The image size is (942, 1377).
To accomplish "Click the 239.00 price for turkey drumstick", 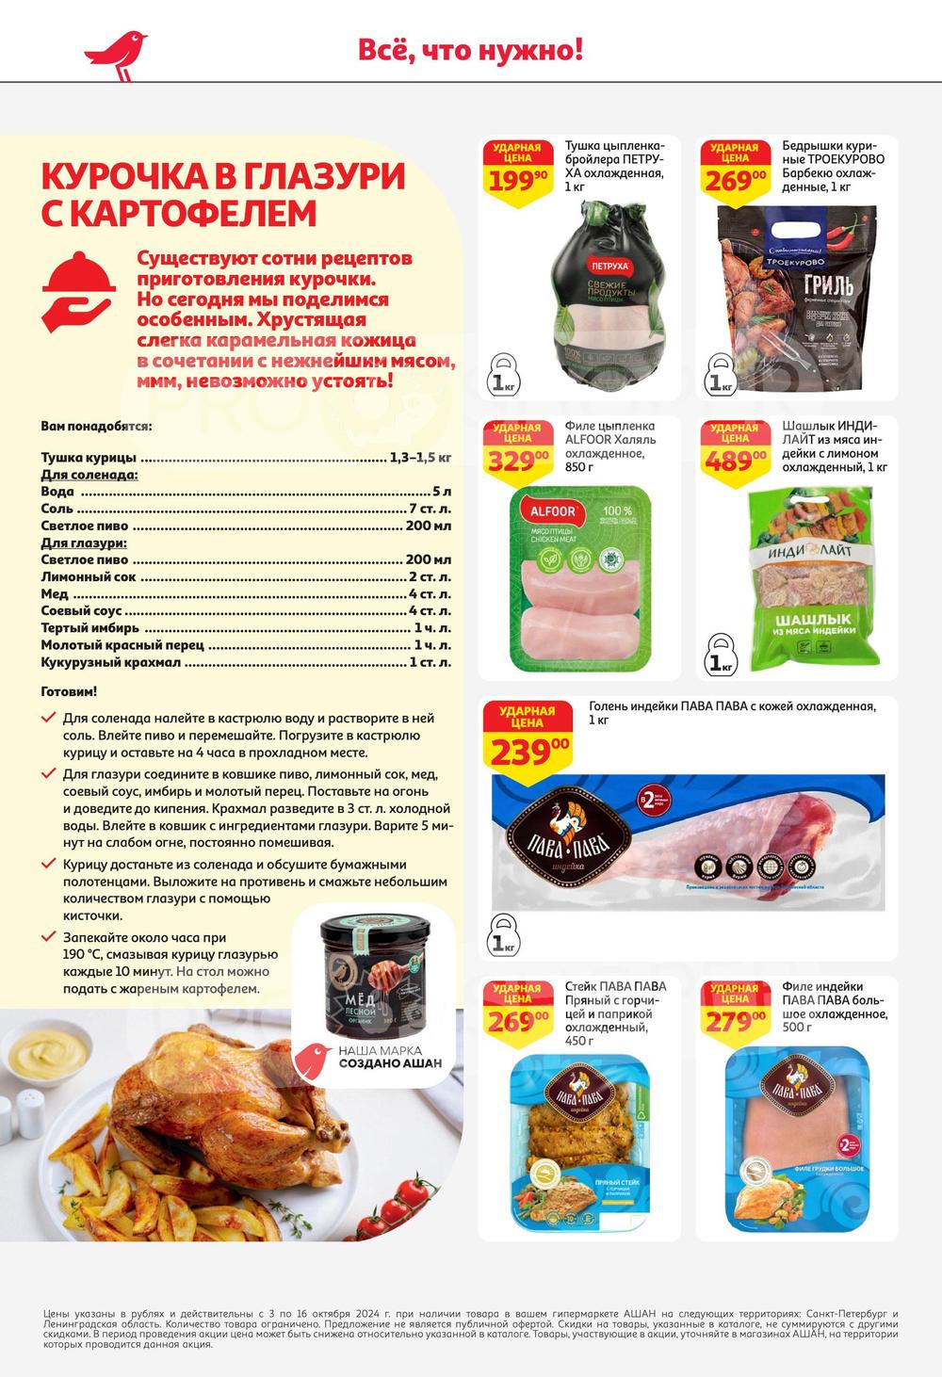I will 528,739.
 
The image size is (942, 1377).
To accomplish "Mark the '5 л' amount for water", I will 442,492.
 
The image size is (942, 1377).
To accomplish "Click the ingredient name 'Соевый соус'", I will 80,611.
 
